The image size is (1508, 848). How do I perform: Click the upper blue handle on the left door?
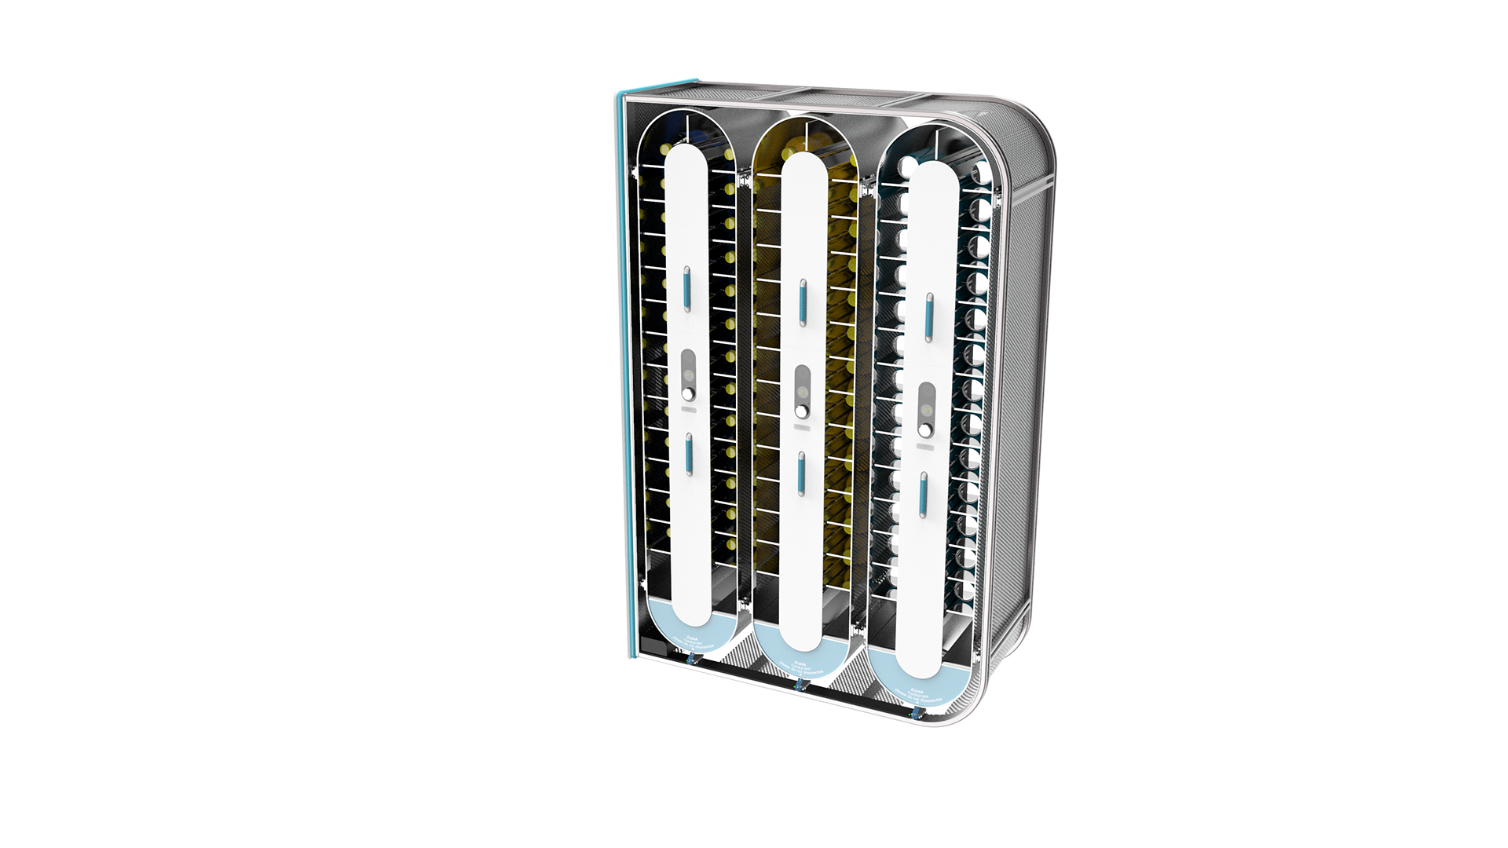click(686, 288)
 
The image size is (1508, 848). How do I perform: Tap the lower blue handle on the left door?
click(688, 454)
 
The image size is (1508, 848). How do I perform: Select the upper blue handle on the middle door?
click(803, 302)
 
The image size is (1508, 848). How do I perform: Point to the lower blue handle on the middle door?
click(801, 473)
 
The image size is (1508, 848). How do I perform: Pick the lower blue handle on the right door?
click(924, 494)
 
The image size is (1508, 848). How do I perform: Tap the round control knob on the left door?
click(689, 393)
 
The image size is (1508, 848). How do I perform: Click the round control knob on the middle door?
click(802, 411)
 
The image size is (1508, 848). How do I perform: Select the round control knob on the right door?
click(927, 429)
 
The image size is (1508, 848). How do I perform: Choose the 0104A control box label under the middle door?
click(801, 666)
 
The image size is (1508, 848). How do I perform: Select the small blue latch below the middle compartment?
click(800, 685)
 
